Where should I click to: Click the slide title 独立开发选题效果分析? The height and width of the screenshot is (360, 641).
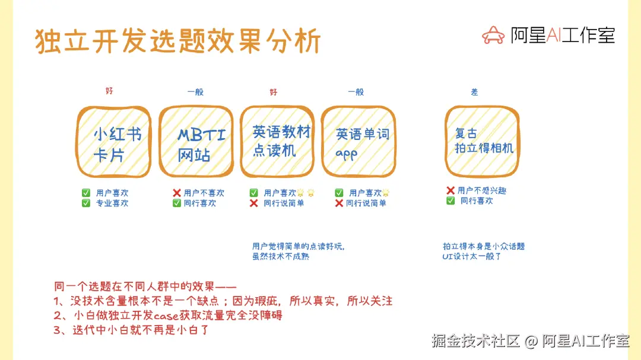(x=178, y=42)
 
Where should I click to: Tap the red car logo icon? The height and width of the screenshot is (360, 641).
(x=493, y=36)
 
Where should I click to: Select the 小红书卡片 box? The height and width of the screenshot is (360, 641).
(x=113, y=143)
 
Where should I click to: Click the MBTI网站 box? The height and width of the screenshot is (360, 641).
(x=196, y=143)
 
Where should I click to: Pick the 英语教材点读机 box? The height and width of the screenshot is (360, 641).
(x=277, y=143)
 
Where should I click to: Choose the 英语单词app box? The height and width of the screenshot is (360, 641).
(x=358, y=143)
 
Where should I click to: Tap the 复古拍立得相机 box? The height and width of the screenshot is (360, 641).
(x=482, y=142)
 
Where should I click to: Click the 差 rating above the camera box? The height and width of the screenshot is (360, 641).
(x=474, y=92)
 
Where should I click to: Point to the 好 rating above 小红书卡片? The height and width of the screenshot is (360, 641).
(x=109, y=91)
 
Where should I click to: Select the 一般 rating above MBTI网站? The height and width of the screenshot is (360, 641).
(x=195, y=92)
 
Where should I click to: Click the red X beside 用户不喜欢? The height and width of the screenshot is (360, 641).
(x=176, y=193)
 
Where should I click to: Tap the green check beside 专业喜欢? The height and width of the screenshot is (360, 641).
(x=86, y=203)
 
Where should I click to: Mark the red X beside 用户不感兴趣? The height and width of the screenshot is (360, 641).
(x=450, y=190)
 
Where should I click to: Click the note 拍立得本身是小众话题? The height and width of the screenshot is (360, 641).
(x=483, y=246)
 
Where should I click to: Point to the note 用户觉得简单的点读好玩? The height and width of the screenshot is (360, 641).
(x=298, y=246)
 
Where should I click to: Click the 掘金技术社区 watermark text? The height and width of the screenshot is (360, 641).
(x=475, y=341)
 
